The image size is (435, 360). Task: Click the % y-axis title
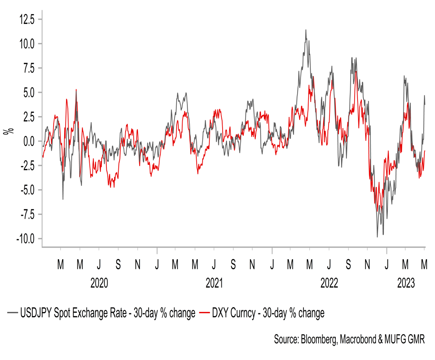(x=7, y=131)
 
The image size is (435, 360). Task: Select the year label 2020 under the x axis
(x=99, y=283)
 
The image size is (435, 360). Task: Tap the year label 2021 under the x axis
(x=214, y=283)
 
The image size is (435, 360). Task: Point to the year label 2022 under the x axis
(x=329, y=283)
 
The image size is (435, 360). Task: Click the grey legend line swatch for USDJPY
(x=13, y=313)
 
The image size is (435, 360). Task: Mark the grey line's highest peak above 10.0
(x=306, y=30)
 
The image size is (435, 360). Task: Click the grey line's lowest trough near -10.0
(x=377, y=237)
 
